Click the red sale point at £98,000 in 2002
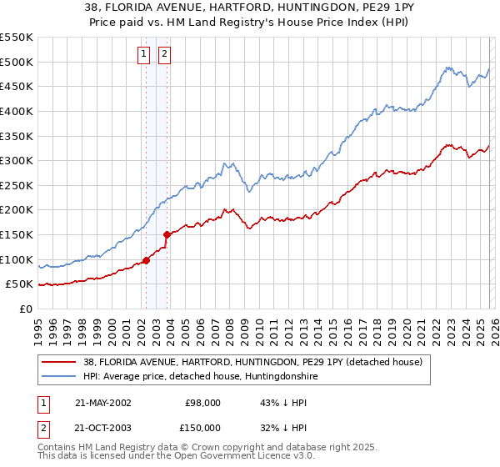(x=147, y=260)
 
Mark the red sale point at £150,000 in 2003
(x=167, y=234)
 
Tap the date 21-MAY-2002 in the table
(x=102, y=403)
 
